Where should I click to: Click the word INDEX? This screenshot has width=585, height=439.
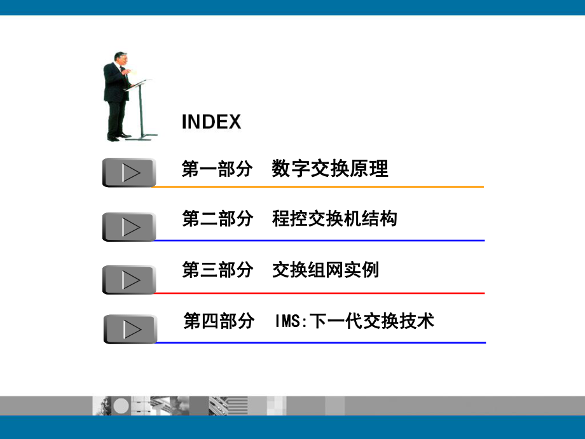[211, 122]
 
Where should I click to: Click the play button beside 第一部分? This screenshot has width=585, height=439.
[129, 172]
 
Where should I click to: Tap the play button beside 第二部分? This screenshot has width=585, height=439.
[129, 226]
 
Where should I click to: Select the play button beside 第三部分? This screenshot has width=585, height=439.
[129, 280]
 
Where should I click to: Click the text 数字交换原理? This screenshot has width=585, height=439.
[329, 169]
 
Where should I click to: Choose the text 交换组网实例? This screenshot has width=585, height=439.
[325, 270]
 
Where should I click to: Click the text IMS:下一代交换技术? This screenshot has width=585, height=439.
[355, 321]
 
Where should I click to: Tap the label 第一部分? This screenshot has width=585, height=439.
[217, 169]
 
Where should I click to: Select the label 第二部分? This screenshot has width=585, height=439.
[217, 219]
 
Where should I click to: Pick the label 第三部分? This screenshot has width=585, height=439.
[217, 270]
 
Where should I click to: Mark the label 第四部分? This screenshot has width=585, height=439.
[219, 321]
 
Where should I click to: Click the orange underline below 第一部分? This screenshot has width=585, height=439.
[318, 187]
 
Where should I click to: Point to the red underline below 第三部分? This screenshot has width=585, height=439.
[318, 293]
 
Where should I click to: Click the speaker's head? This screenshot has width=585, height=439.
[119, 59]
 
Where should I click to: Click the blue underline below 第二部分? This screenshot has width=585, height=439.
[318, 240]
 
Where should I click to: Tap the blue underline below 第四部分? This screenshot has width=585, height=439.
[318, 342]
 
